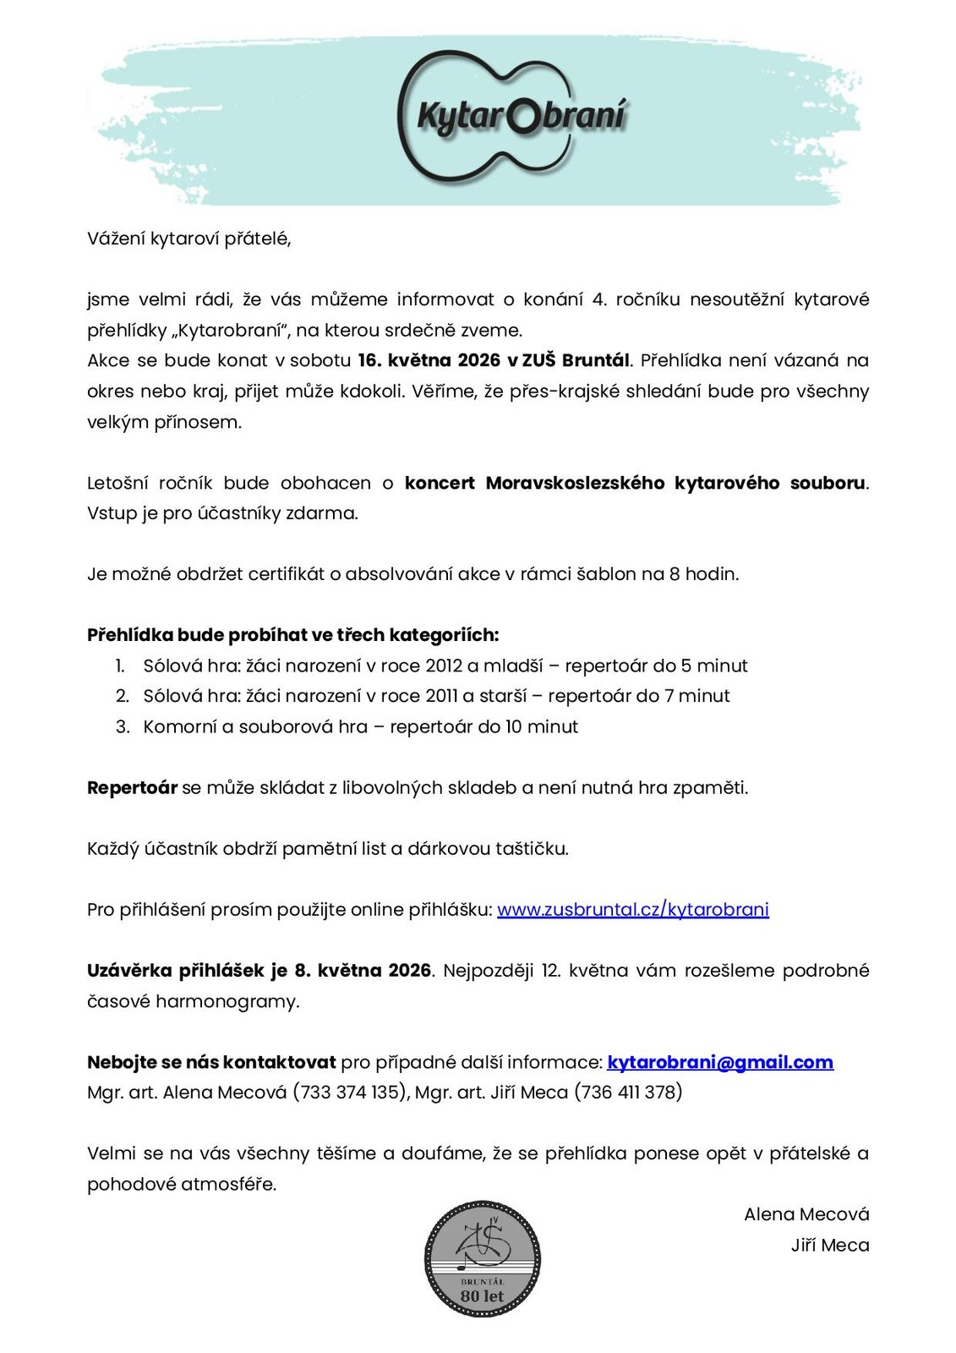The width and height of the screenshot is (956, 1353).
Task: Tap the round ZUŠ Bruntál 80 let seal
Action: [483, 1259]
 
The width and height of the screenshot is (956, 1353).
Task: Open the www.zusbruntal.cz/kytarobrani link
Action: [632, 909]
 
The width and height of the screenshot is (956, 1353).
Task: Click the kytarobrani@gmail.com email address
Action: [720, 1062]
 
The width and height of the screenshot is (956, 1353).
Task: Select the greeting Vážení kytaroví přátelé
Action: [189, 238]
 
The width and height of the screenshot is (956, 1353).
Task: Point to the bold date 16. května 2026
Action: [429, 360]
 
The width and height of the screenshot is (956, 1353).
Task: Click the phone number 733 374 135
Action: [349, 1093]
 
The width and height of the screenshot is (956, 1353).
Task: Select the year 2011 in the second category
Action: [442, 696]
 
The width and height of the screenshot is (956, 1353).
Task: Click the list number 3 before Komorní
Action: [123, 726]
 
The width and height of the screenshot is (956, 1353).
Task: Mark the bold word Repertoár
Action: [132, 787]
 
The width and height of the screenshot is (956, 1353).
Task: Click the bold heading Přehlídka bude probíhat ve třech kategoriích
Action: [292, 635]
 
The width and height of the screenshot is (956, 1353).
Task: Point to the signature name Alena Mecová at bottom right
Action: [806, 1214]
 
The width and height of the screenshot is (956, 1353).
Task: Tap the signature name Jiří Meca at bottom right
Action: [830, 1245]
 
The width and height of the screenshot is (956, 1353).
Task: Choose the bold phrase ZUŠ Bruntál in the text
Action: [576, 360]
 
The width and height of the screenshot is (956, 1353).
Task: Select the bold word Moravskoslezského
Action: [575, 483]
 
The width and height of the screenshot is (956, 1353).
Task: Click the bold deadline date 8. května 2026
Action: [363, 970]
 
